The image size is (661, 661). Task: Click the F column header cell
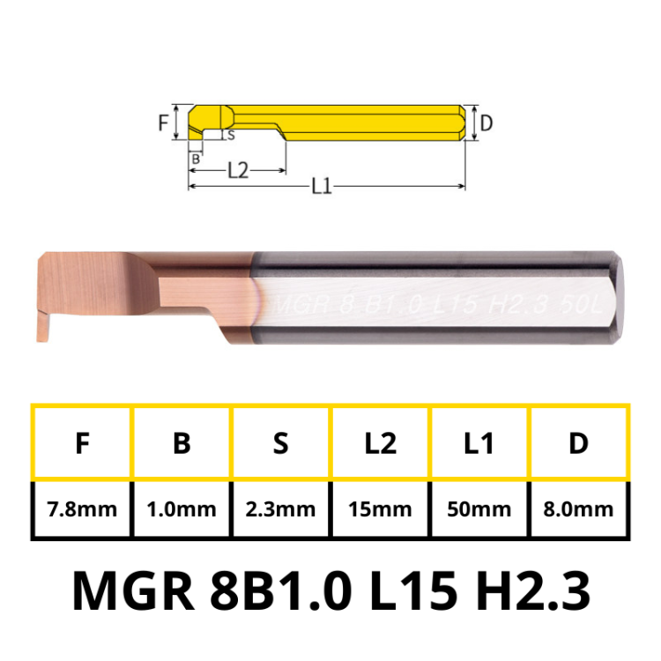[82, 443]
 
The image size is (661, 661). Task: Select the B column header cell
[182, 443]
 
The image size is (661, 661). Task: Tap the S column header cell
[281, 443]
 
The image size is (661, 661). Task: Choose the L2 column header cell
[380, 443]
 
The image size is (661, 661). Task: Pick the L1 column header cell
[479, 443]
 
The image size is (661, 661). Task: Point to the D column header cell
[578, 443]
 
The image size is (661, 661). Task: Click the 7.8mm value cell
[82, 509]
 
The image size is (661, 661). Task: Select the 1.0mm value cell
[182, 509]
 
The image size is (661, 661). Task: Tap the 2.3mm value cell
[281, 509]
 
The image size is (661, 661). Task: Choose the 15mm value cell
[380, 509]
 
